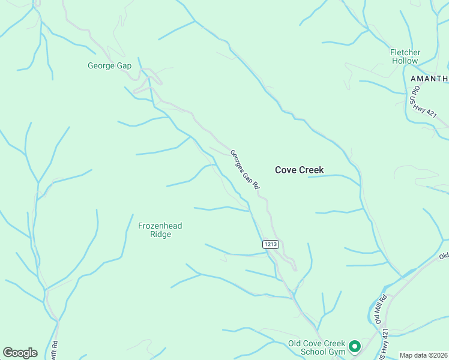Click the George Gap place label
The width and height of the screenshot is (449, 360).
click(x=109, y=65)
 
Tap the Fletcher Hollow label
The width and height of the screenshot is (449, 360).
click(x=405, y=56)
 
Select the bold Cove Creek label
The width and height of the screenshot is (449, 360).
click(x=299, y=170)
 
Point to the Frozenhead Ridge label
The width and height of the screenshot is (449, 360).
click(x=160, y=230)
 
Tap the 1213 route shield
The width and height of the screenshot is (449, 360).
click(x=270, y=244)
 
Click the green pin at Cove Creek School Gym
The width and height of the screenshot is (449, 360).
click(x=355, y=346)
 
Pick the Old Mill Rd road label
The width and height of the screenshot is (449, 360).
click(x=381, y=309)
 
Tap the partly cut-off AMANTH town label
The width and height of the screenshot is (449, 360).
click(x=429, y=79)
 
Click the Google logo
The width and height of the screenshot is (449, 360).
click(x=20, y=353)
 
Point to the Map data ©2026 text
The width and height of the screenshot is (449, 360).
click(x=423, y=355)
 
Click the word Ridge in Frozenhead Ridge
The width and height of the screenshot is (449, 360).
click(x=160, y=234)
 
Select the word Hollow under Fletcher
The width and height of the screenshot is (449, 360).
click(x=405, y=61)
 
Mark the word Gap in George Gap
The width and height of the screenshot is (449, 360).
click(x=124, y=65)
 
